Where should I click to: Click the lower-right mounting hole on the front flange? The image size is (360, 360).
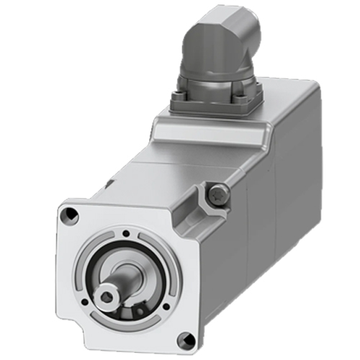[186, 338]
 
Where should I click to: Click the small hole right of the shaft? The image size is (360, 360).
[166, 306]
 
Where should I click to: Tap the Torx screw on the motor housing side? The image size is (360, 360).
[219, 192]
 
